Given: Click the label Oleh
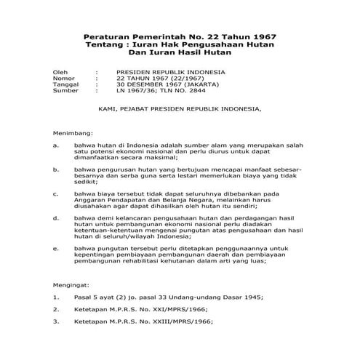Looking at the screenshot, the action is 60,73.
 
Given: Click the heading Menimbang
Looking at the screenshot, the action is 72,135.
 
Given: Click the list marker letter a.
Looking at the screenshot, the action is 56,145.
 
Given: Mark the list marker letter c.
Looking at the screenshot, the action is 56,195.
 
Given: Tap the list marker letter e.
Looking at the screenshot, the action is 56,249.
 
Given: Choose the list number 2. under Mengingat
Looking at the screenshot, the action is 56,309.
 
